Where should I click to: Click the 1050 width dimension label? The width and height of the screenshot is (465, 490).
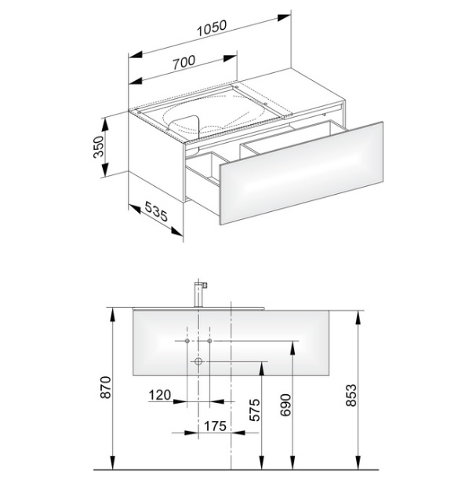point(212,27)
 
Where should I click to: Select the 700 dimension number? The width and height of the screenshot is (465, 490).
point(183,62)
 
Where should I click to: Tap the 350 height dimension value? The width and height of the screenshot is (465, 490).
point(98,147)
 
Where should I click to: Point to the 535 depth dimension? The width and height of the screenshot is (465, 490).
point(156,211)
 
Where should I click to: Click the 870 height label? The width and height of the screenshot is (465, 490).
point(106,387)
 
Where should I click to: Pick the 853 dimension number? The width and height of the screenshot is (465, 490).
point(351,395)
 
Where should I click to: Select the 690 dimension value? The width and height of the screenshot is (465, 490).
point(285,405)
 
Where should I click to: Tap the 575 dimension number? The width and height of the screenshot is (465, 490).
point(255,410)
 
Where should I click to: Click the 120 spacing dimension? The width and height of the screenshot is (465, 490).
point(160,395)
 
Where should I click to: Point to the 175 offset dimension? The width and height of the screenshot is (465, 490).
point(215,426)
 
